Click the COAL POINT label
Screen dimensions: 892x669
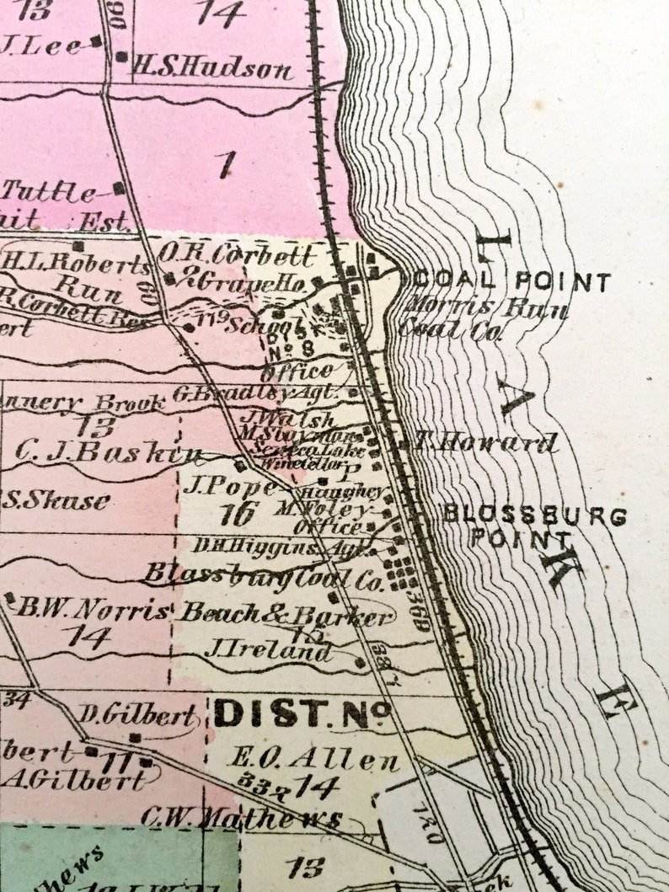pyautogui.click(x=512, y=282)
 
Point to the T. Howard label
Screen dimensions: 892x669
pyautogui.click(x=484, y=441)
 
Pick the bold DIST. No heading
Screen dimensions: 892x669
pyautogui.click(x=302, y=714)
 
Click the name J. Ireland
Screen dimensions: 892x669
pyautogui.click(x=268, y=650)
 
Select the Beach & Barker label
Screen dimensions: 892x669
pyautogui.click(x=286, y=614)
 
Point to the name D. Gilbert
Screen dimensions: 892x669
pyautogui.click(x=138, y=716)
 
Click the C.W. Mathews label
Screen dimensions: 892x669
pyautogui.click(x=242, y=818)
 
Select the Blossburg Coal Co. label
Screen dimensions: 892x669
pyautogui.click(x=262, y=575)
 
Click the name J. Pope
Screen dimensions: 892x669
pyautogui.click(x=229, y=486)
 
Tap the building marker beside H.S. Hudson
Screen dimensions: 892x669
pyautogui.click(x=121, y=57)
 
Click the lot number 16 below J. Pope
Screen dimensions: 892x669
pyautogui.click(x=238, y=513)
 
